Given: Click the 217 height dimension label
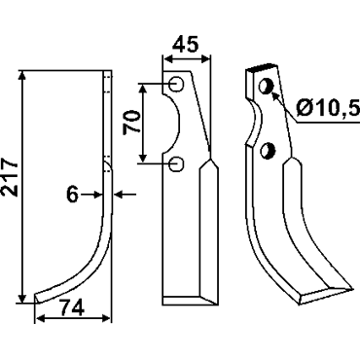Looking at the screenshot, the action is (x=10, y=176).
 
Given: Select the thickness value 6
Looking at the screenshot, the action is (x=72, y=195).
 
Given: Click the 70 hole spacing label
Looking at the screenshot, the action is (x=131, y=122).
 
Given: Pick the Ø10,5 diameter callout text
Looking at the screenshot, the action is (x=328, y=108).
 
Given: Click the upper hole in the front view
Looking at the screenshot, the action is (x=176, y=84).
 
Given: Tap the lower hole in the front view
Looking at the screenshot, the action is (x=176, y=164).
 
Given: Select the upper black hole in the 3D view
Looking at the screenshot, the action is (x=267, y=86).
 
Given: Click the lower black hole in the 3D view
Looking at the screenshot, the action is (x=268, y=151).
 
